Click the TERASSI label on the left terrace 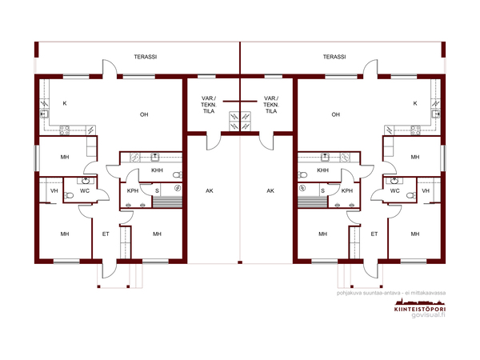coord(146,57)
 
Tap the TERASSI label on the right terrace coord(334,57)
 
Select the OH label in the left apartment coord(144,114)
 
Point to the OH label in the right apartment coord(335,114)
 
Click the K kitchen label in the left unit coord(65,103)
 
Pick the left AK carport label coord(210,190)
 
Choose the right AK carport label coord(270,190)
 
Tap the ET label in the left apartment coord(106,234)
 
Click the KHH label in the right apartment coord(322,170)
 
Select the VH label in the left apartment coord(54,190)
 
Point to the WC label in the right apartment coord(395,190)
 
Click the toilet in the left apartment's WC coord(69,195)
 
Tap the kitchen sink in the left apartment coord(44,114)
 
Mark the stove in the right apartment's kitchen coord(415,130)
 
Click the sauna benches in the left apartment coord(167,202)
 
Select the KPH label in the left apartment coord(133,190)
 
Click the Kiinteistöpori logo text coord(420,309)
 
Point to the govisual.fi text coord(428,315)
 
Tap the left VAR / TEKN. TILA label coord(209,105)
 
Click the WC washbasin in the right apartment coord(395,181)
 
